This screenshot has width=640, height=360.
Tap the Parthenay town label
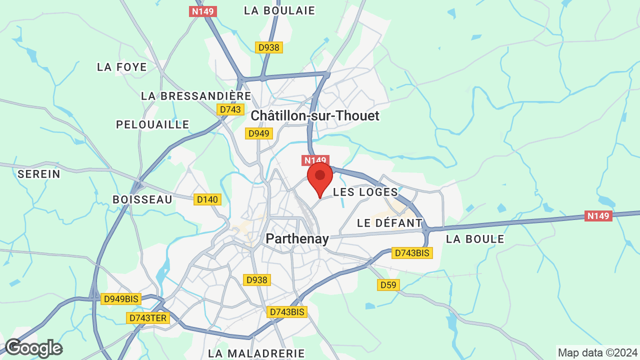pos(297,239)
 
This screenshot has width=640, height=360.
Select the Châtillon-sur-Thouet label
pos(315,116)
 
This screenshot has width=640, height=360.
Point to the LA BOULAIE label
pos(279,10)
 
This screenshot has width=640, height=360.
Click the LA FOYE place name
pos(122,67)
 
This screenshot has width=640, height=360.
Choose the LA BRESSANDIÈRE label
pos(196,95)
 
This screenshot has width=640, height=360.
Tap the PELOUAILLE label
pos(152,124)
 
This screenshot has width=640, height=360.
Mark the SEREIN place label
pos(39,174)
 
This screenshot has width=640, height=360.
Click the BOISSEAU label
pos(142,199)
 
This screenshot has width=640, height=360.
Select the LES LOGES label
pos(365,192)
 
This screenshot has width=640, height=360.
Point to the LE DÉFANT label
pos(390,223)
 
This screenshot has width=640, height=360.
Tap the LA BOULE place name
pos(475,239)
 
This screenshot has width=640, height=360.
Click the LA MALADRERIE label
pos(256,353)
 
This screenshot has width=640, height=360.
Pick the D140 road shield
pos(207,199)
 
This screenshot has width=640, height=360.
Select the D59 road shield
pos(388,285)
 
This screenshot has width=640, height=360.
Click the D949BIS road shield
pos(121,299)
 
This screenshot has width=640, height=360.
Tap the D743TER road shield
pos(148,318)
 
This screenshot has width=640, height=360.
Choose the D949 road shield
pos(259,133)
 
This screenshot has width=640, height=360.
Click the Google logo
pos(33,348)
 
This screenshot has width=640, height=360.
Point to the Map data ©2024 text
pos(597,352)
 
